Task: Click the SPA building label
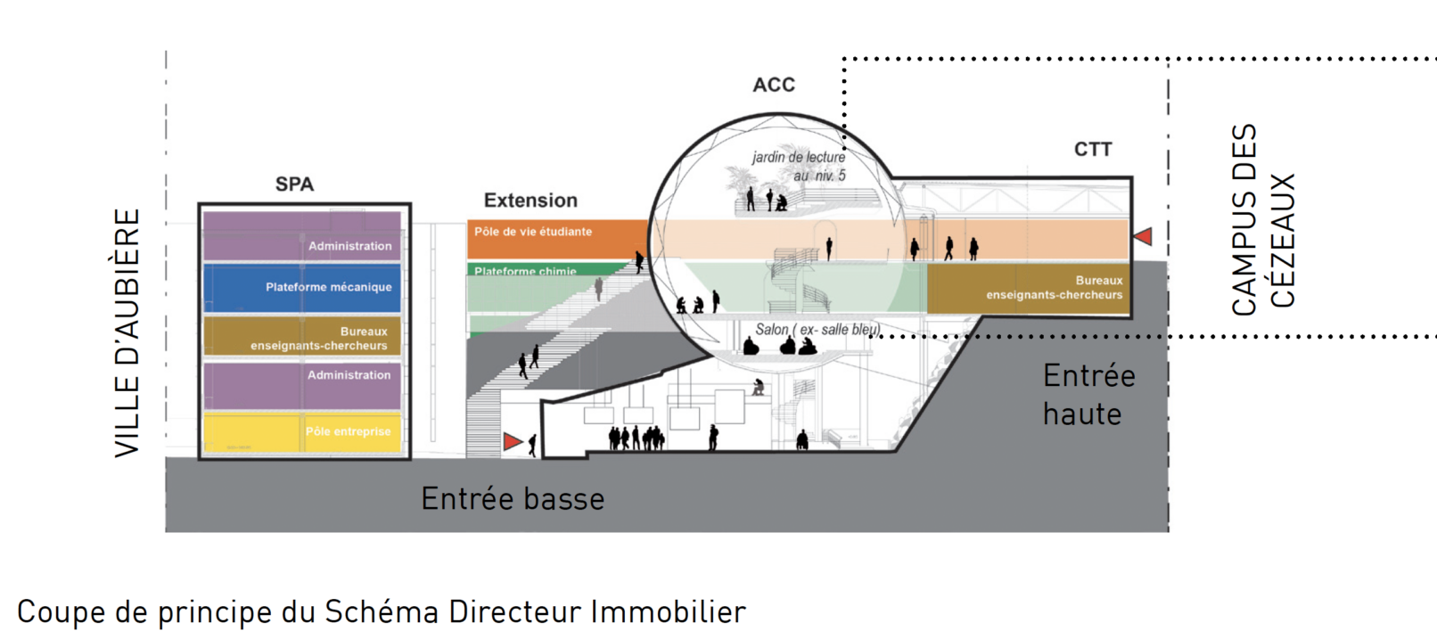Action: pos(294,184)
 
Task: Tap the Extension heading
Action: pos(530,201)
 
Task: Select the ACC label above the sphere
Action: pos(774,85)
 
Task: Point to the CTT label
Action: pos(1093,149)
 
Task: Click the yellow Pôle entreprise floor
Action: pos(302,432)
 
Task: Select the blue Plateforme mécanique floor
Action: pos(302,287)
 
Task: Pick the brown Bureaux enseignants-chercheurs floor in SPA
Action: pos(302,337)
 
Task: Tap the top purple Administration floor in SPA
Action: pos(302,237)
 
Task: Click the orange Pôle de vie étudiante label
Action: pos(533,232)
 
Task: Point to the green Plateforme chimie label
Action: pos(525,271)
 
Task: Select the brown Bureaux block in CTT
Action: pos(1028,288)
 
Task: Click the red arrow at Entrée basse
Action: pos(513,441)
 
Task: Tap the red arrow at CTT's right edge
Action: pos(1143,236)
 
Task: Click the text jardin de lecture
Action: pos(799,158)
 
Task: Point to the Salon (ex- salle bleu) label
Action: pos(817,330)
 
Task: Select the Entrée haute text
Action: pos(1088,395)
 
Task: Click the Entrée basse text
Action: pos(513,499)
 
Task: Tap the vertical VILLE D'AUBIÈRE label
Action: pos(127,332)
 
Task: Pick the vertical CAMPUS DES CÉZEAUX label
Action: pos(1262,219)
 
